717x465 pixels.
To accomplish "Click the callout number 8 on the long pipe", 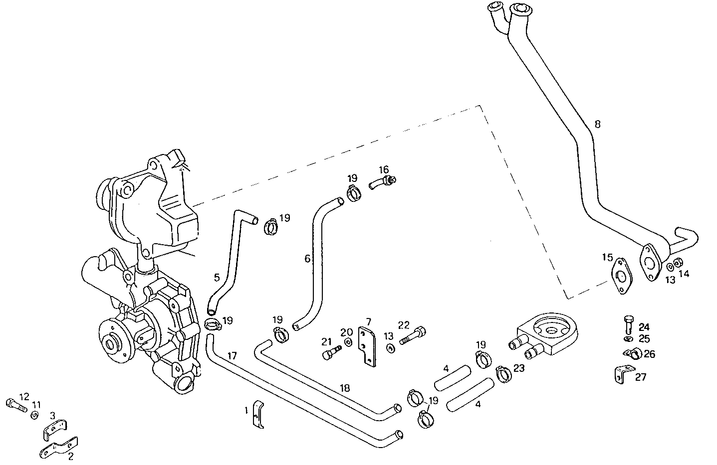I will pyautogui.click(x=597, y=124).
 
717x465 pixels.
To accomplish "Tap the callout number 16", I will pyautogui.click(x=383, y=170).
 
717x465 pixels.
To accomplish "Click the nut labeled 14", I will pyautogui.click(x=678, y=263).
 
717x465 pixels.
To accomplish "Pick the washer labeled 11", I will pyautogui.click(x=34, y=415).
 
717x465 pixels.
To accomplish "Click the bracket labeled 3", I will pyautogui.click(x=54, y=429).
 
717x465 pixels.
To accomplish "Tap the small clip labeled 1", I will pyautogui.click(x=258, y=414).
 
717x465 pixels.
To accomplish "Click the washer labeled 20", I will pyautogui.click(x=348, y=342).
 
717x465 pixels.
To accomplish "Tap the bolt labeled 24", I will pyautogui.click(x=628, y=325).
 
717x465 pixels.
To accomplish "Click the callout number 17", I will pyautogui.click(x=232, y=356).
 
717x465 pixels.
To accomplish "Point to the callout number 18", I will pyautogui.click(x=344, y=388).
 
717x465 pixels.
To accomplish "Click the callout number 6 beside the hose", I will pyautogui.click(x=307, y=258).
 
